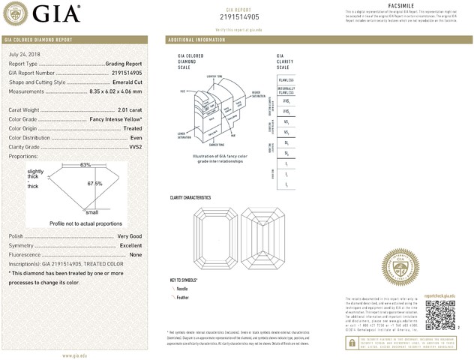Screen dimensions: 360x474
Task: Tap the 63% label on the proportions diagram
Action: coord(85,164)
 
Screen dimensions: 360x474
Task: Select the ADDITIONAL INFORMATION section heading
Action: coord(197,39)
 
